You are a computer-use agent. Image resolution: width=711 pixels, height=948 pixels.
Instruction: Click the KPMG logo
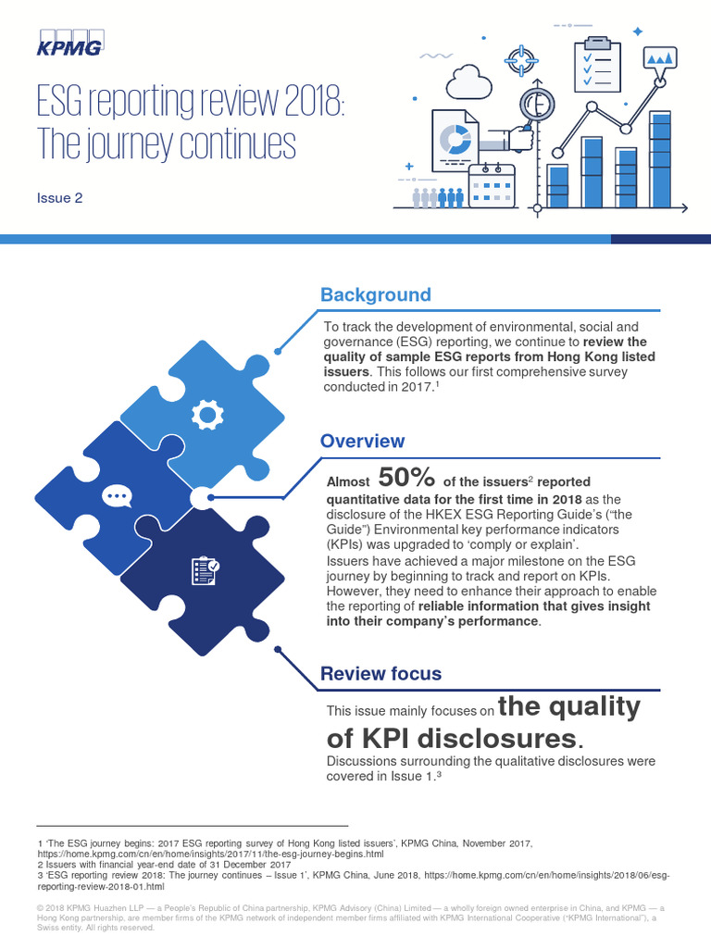point(69,43)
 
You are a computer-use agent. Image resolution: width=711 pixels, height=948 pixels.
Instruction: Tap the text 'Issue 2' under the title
point(59,197)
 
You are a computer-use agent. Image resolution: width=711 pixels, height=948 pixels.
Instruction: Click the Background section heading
point(375,295)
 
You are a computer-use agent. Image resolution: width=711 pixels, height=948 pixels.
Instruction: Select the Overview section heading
point(362,442)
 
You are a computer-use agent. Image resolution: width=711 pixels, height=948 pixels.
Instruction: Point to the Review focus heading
point(380,674)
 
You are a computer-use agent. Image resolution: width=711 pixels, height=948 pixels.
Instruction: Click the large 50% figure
point(407,478)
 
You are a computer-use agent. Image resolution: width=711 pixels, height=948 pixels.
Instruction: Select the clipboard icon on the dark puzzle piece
point(205,569)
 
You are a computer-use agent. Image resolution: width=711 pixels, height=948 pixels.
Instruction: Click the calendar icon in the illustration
point(491,184)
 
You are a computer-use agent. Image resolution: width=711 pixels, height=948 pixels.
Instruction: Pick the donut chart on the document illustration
point(455,140)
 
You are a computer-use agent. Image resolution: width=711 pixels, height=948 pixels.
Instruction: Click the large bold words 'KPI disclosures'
point(454,739)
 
